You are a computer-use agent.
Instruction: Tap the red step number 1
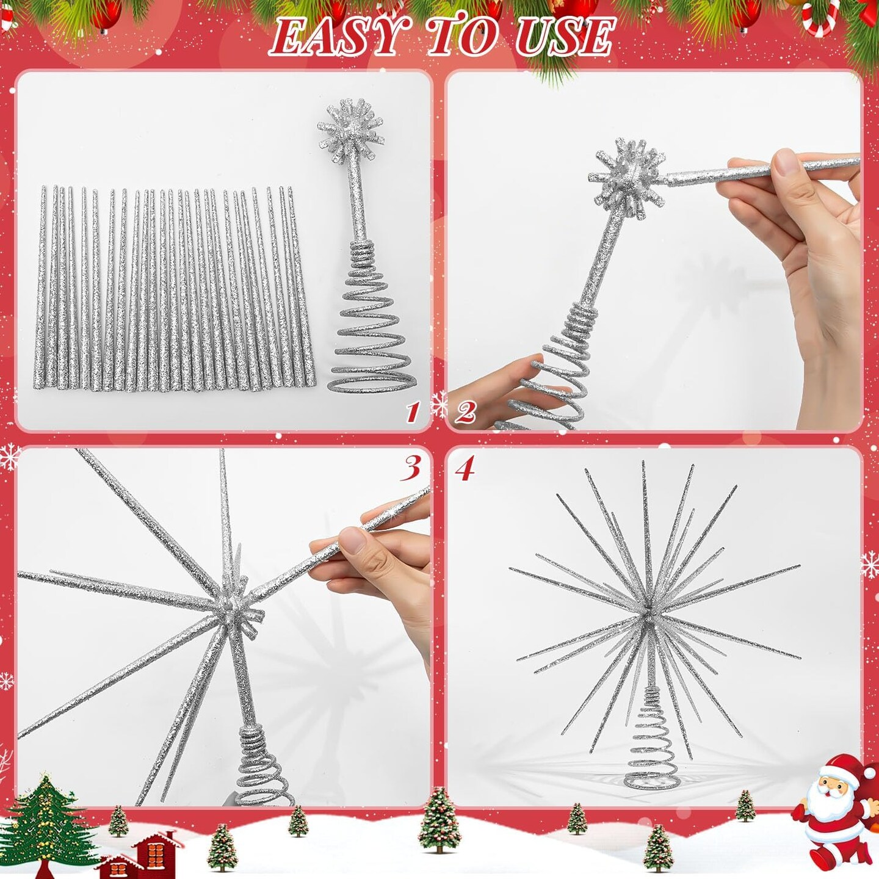pyautogui.click(x=413, y=413)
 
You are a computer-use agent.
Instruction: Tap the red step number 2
pyautogui.click(x=465, y=413)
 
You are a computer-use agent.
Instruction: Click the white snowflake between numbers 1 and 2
pyautogui.click(x=440, y=405)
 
